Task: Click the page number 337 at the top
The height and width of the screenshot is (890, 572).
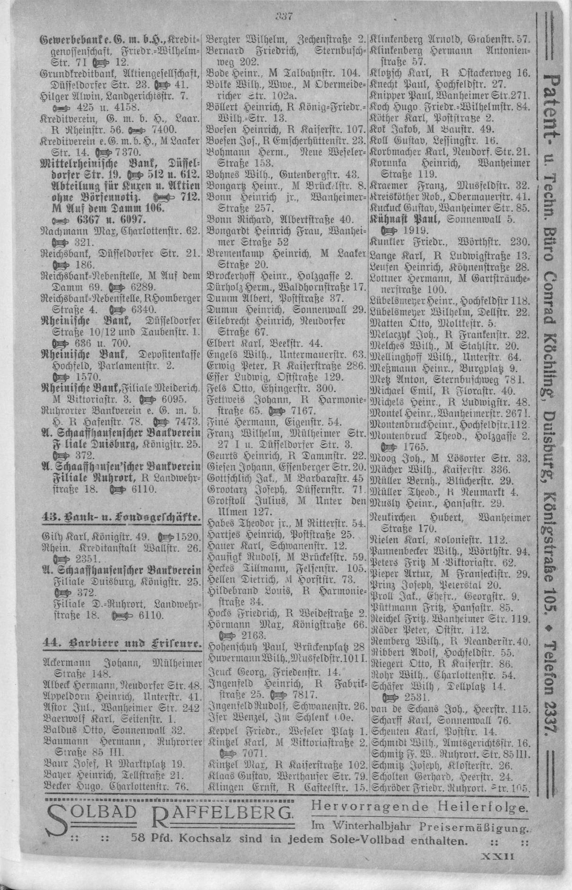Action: click(284, 17)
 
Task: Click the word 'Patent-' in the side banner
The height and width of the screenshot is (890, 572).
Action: click(550, 109)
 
